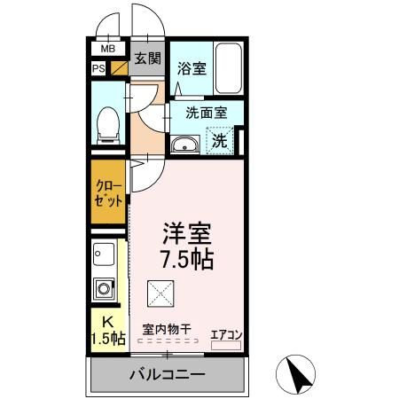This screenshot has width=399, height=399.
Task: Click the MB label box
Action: point(107,49)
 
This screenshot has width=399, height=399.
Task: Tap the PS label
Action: point(98,67)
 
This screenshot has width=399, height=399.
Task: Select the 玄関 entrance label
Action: point(147,59)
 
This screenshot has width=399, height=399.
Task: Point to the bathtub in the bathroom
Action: point(228,68)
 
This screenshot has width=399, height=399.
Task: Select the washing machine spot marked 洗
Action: point(219,140)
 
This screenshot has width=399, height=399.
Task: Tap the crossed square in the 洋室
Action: point(160,290)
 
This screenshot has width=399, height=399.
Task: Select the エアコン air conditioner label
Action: point(224,333)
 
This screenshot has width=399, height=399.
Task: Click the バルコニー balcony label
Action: point(168,374)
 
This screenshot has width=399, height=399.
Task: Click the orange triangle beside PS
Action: point(115,67)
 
